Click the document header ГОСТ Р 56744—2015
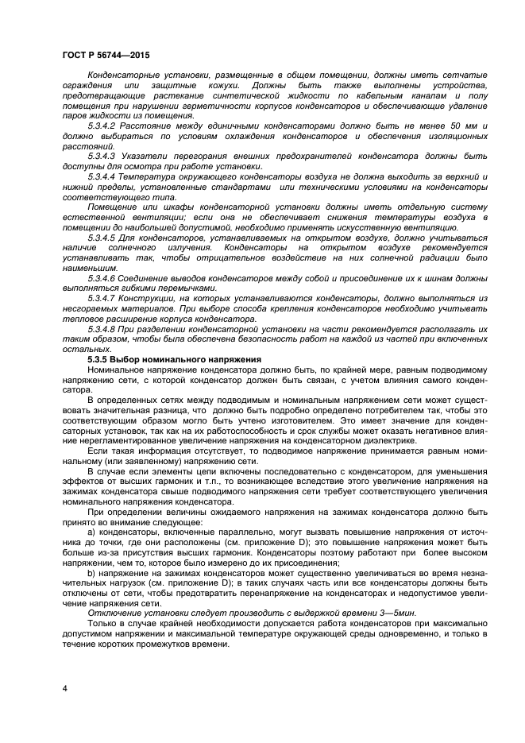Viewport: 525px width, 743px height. tap(105, 55)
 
